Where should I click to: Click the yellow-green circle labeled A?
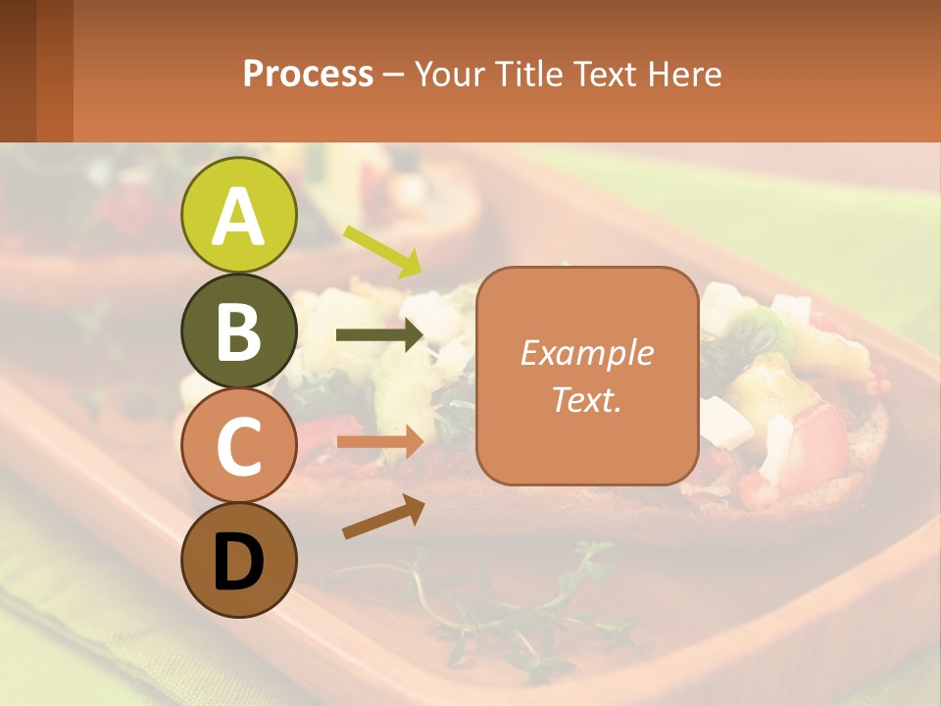tap(238, 215)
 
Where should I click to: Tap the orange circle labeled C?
tap(238, 446)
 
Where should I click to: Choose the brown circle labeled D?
tap(238, 561)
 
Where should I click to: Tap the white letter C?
tap(238, 447)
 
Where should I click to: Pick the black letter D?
tap(238, 562)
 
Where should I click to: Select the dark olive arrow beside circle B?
tap(380, 335)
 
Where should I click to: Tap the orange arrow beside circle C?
tap(380, 442)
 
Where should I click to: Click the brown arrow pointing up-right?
tap(383, 517)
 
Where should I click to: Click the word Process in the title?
tap(308, 74)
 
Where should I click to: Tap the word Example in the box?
tap(586, 353)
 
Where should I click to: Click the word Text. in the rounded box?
tap(586, 399)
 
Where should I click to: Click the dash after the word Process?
tap(394, 76)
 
